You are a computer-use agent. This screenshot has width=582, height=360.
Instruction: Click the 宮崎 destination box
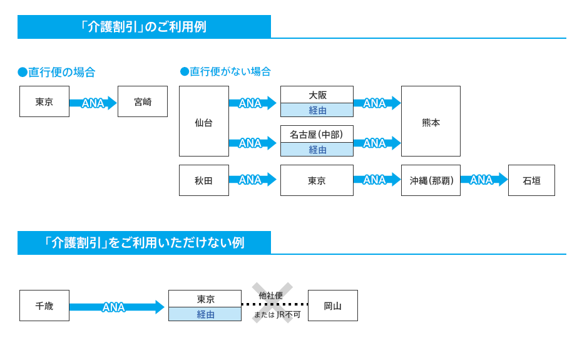tap(143, 101)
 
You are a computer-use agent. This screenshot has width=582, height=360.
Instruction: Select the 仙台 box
tap(204, 121)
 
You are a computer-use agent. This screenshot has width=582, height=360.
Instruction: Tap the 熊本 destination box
tap(431, 121)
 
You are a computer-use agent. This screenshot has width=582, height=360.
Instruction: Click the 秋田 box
tap(204, 180)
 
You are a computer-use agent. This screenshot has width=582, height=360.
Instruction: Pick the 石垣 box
tap(531, 180)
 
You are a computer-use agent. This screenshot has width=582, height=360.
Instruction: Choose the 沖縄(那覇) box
tap(431, 180)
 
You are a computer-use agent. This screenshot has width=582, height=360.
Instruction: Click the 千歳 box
tap(44, 306)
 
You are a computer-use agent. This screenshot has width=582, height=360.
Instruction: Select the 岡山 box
tap(333, 306)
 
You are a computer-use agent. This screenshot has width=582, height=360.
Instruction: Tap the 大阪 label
tap(317, 95)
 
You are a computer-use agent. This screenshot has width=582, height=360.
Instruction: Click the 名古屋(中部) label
tap(317, 135)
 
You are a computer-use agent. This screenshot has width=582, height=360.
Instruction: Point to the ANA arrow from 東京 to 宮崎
tap(93, 103)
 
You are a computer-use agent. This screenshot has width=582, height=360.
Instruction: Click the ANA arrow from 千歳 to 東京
tap(116, 307)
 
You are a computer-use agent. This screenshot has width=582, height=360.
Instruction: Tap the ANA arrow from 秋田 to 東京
tap(252, 180)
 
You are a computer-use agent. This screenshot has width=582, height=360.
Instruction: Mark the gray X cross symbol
tap(272, 303)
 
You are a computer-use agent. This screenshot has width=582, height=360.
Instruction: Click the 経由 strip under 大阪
tap(317, 110)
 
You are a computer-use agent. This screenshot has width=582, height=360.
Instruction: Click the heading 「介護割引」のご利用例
tap(144, 27)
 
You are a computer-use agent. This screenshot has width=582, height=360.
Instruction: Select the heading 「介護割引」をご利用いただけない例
tap(144, 243)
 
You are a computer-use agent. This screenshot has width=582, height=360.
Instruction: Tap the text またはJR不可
tap(277, 315)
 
